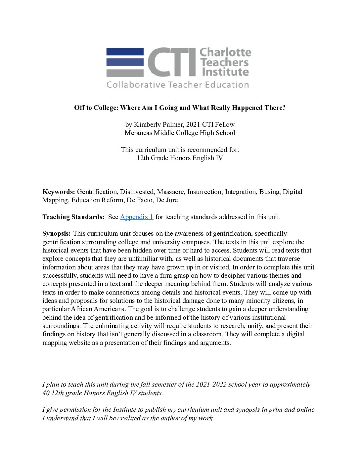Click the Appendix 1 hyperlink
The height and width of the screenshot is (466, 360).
136,217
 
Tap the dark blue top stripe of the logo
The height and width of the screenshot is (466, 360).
125,52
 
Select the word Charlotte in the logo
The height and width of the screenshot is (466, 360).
225,52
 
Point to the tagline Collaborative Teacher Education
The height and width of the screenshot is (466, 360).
178,85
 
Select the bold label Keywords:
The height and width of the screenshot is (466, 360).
59,192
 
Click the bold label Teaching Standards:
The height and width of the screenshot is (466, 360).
73,217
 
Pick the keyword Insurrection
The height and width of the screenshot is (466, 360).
205,192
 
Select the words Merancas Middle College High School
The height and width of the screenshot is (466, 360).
180,133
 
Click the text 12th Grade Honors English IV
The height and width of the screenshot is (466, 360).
180,158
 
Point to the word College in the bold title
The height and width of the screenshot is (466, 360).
106,108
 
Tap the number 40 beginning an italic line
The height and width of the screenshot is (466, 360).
46,393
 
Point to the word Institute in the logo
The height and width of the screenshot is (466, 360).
225,72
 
